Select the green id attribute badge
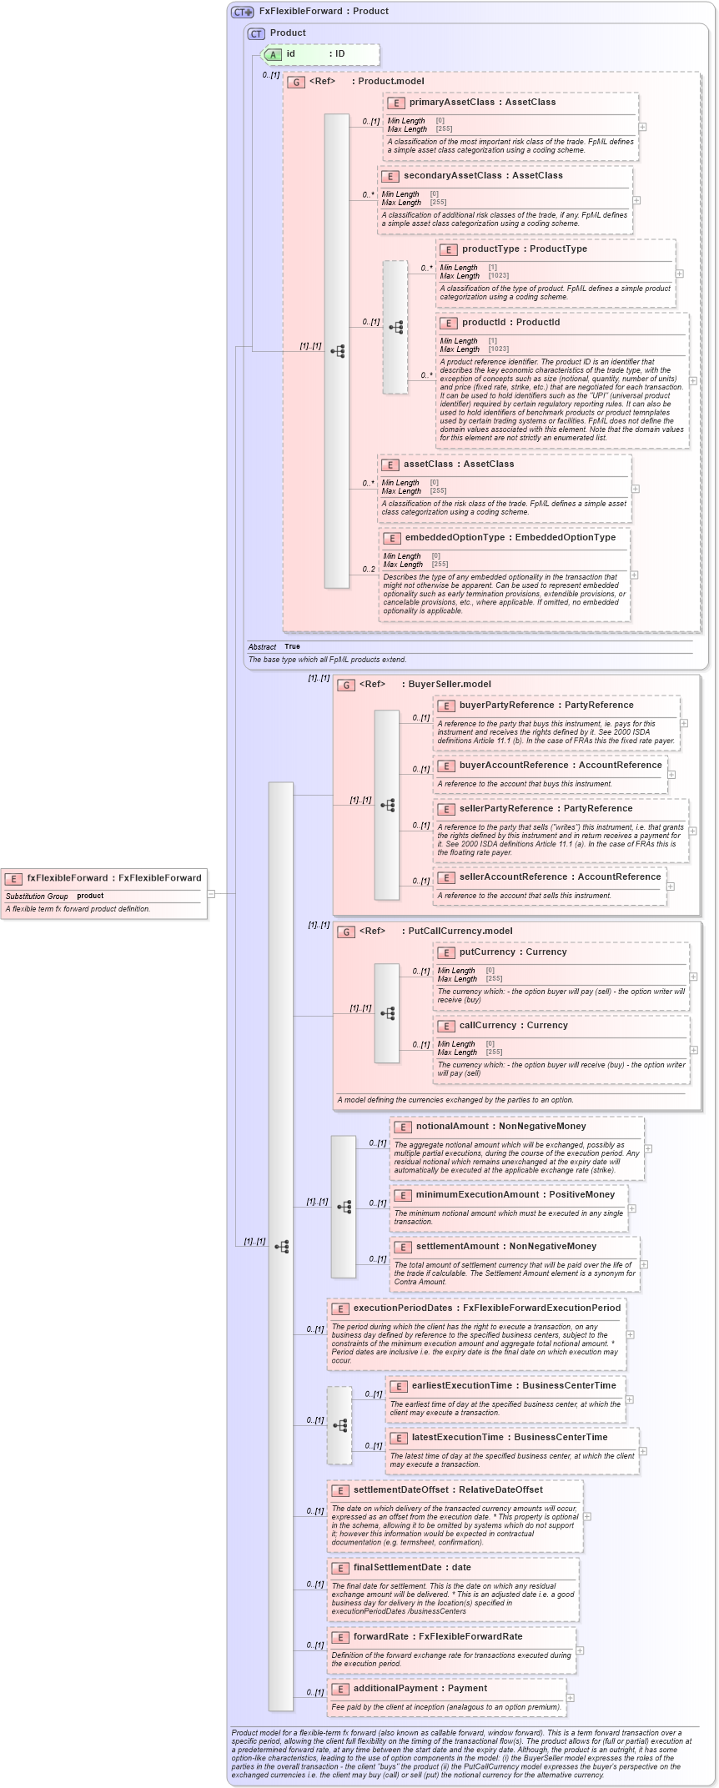click(274, 54)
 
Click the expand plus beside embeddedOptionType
click(634, 575)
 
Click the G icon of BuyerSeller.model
click(346, 685)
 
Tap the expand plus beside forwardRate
click(581, 1650)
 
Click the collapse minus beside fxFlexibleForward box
click(211, 894)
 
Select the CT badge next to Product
click(256, 33)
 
